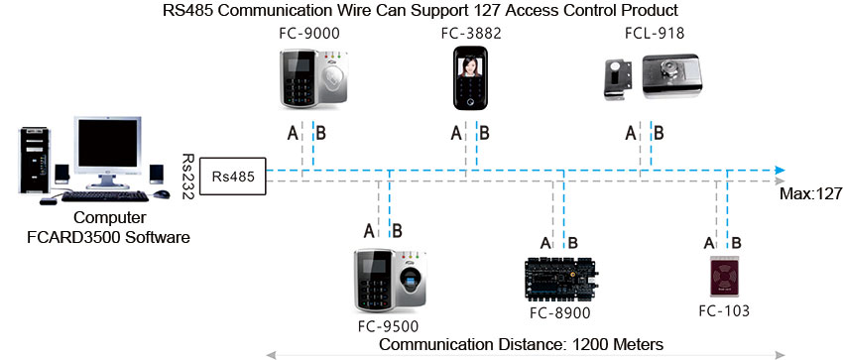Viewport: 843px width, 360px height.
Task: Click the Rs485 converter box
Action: pos(232,176)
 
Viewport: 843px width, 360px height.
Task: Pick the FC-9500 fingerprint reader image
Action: pos(387,281)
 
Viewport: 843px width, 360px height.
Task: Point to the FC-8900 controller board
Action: pos(560,281)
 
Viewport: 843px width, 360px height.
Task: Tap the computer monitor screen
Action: pos(106,147)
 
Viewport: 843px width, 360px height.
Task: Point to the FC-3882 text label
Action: pos(470,34)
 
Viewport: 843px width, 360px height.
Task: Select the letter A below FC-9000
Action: pos(293,133)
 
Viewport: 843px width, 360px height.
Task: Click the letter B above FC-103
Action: pos(735,243)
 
